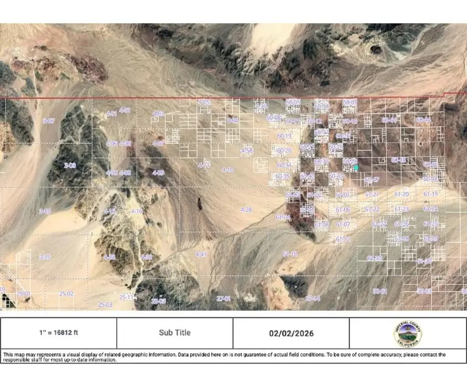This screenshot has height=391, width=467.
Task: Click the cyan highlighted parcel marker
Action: click(x=356, y=167)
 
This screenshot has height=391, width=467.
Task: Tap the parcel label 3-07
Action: click(x=49, y=121)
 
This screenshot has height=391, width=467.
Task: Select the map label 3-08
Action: click(x=70, y=165)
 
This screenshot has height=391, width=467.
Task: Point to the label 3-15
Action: click(x=45, y=211)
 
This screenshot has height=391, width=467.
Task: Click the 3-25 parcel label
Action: click(x=45, y=257)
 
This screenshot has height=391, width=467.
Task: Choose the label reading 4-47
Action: click(x=201, y=254)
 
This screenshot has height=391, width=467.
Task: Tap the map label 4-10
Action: click(x=227, y=170)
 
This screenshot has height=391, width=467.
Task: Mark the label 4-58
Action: click(x=247, y=150)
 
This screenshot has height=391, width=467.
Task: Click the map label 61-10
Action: click(x=290, y=254)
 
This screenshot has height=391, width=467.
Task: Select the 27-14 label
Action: click(x=313, y=299)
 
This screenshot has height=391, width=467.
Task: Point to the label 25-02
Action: click(x=66, y=294)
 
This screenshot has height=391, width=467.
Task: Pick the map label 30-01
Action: click(x=380, y=291)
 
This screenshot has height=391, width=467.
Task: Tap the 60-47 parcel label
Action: click(x=372, y=180)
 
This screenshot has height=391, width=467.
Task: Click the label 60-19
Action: click(x=284, y=136)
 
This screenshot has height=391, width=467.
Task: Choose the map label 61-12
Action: click(x=343, y=239)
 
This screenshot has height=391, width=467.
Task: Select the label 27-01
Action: click(x=224, y=299)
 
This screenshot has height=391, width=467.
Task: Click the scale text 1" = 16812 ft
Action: click(x=59, y=333)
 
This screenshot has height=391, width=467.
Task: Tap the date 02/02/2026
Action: click(x=291, y=333)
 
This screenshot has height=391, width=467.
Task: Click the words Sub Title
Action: click(x=175, y=333)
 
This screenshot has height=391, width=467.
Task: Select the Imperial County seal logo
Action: click(x=407, y=333)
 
